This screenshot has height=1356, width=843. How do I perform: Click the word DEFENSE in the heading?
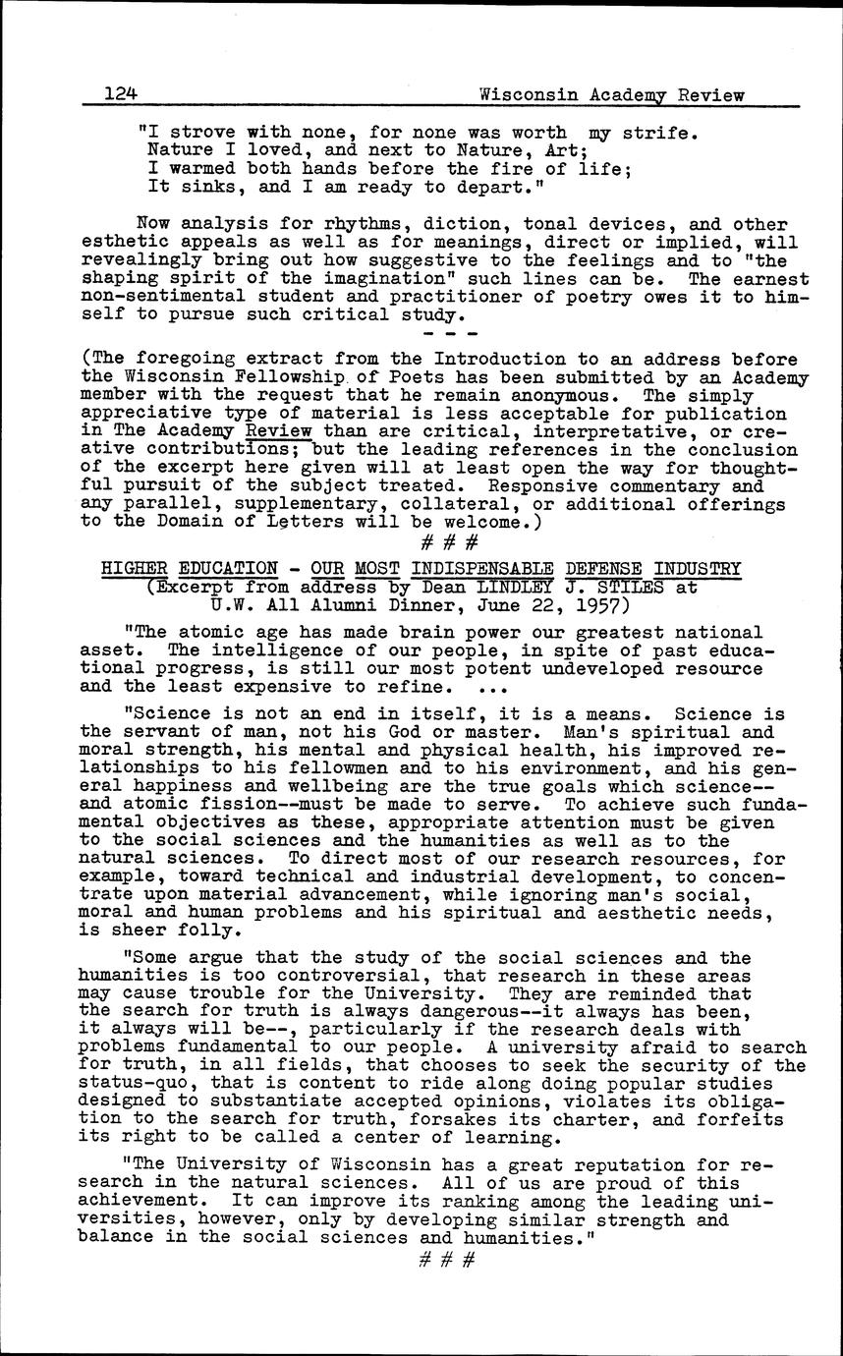tap(604, 568)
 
